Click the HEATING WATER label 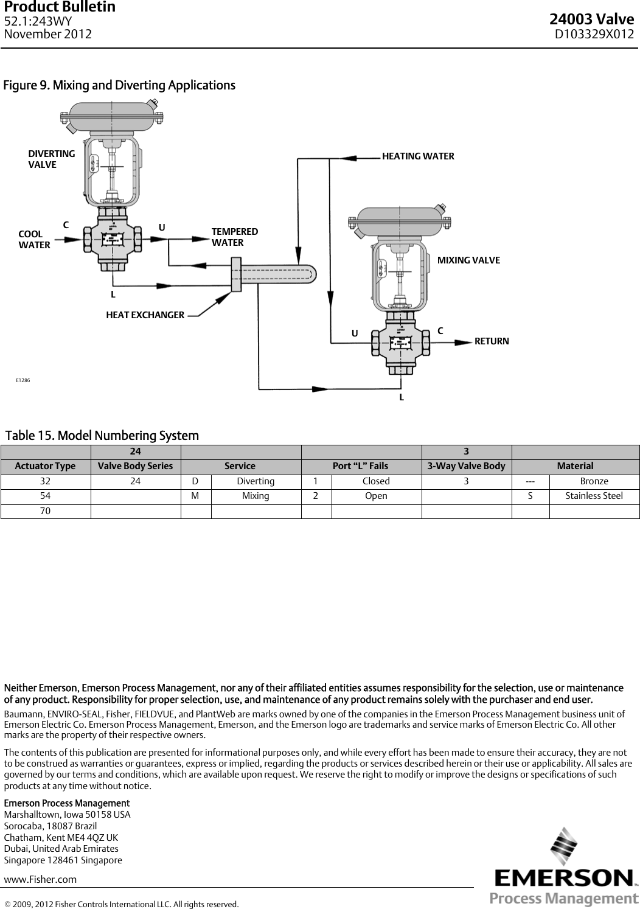pos(417,156)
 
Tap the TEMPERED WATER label pos(234,237)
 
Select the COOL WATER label pos(34,240)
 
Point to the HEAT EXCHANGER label pos(145,315)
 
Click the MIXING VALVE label pos(468,260)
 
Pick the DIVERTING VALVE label pos(52,159)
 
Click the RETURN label pos(491,341)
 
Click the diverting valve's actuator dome pos(113,115)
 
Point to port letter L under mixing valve pos(402,397)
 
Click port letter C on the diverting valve pos(66,224)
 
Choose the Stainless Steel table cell pos(594,496)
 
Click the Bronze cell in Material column pos(594,481)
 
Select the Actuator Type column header pos(46,466)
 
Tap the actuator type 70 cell pos(46,511)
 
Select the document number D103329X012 pos(594,34)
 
